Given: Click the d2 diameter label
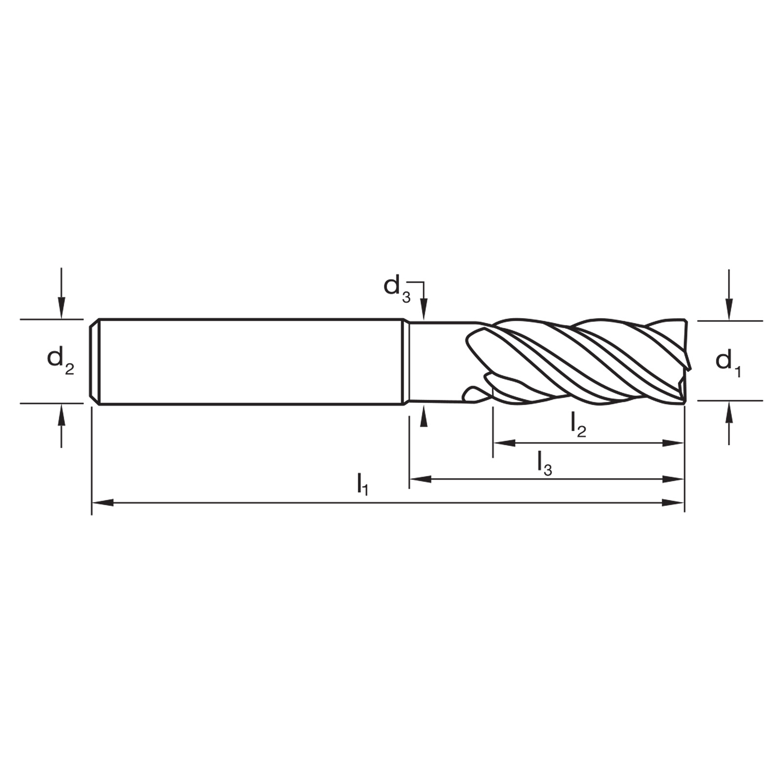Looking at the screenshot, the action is coord(60,361).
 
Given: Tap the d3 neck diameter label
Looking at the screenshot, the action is coord(397,288).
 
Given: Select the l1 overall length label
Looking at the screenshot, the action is coord(362,484).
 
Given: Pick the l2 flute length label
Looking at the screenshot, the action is coord(578,425).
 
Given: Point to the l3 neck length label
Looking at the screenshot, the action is coord(545,463).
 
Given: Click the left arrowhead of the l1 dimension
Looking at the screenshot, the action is coord(103,502).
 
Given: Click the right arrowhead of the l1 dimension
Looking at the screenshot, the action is coord(673,502).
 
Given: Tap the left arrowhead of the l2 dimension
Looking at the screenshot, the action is coord(505,443).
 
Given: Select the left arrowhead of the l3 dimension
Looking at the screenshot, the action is coord(420,479).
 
